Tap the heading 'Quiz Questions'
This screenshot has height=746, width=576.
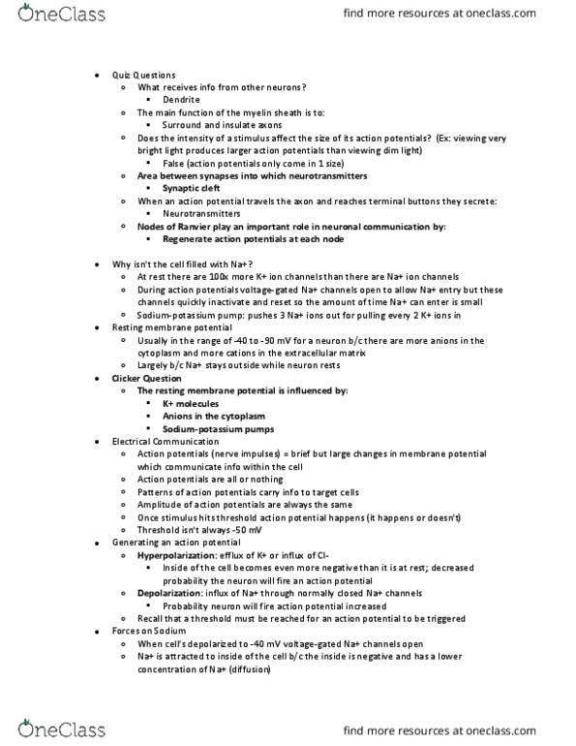click(x=143, y=75)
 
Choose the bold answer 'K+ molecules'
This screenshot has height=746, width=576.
click(x=192, y=402)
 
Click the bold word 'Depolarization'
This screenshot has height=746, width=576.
click(x=171, y=592)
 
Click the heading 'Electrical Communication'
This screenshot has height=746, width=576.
click(x=167, y=441)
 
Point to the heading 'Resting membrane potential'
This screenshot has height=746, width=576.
click(x=170, y=327)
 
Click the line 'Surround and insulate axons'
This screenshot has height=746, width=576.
click(x=226, y=125)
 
